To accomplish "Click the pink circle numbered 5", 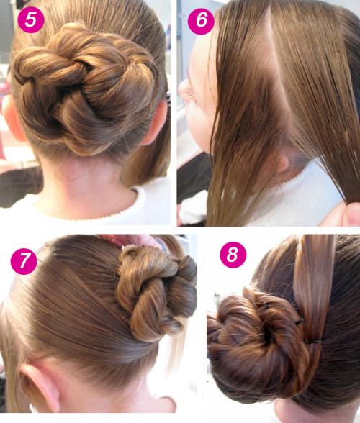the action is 31,19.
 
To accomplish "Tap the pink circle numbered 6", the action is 201,21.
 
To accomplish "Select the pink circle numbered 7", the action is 24,261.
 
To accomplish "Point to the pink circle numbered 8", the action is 233,255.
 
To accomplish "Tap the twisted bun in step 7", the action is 157,291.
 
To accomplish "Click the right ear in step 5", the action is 157,122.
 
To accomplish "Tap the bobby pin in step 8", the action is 313,342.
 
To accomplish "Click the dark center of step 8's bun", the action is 268,337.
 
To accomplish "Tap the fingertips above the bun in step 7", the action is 135,240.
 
